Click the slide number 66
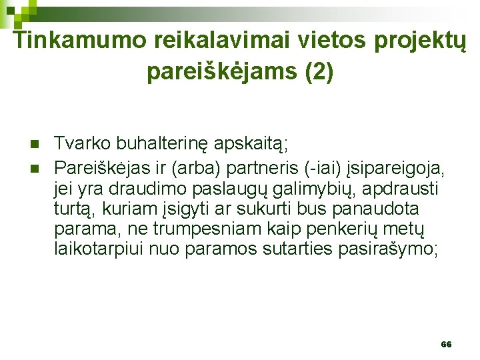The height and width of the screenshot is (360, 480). coord(446,345)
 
